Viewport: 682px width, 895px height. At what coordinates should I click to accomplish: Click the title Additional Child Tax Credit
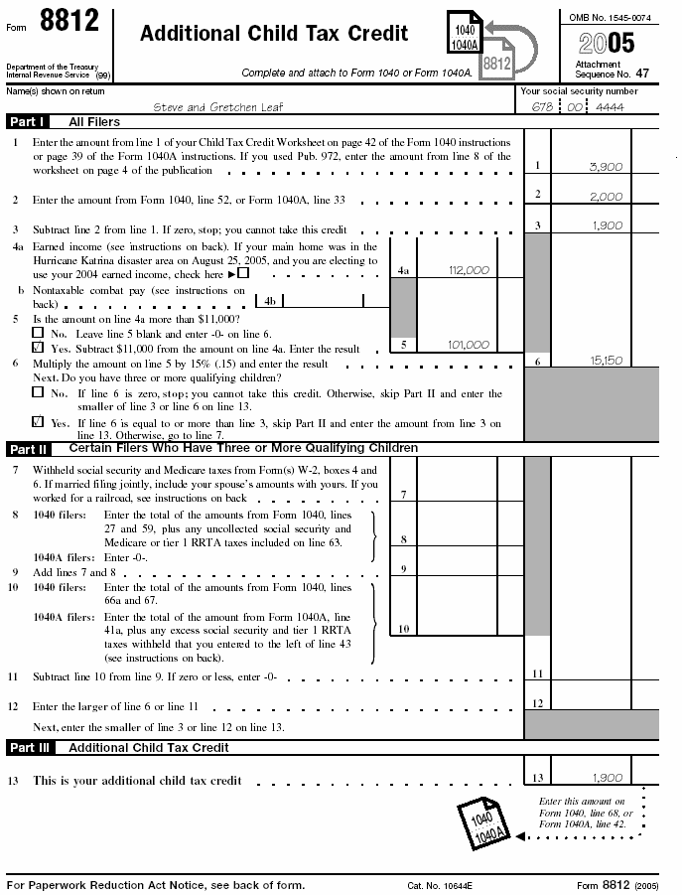(274, 33)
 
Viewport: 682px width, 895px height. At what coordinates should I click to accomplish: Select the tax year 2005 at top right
(606, 42)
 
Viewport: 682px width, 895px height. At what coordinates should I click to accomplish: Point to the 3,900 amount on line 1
(605, 167)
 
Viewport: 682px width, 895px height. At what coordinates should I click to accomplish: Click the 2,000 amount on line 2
(606, 197)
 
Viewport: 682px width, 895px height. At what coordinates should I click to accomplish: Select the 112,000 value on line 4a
(469, 269)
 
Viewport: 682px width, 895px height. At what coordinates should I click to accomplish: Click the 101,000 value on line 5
(469, 345)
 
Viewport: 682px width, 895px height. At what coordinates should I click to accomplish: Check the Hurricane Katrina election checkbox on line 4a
(244, 273)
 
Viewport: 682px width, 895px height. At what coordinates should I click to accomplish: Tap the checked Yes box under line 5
(38, 349)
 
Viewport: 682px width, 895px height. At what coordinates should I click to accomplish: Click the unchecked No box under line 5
(38, 334)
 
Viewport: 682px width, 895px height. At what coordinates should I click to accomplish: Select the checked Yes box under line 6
(38, 421)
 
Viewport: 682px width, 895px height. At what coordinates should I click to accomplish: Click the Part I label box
(28, 122)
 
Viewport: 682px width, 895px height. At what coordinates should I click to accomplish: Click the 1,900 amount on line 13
(606, 778)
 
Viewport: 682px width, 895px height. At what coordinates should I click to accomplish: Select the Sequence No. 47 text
(613, 73)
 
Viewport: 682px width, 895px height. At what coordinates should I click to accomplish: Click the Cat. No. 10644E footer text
(440, 884)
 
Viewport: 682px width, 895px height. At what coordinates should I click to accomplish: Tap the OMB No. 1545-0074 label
(612, 17)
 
